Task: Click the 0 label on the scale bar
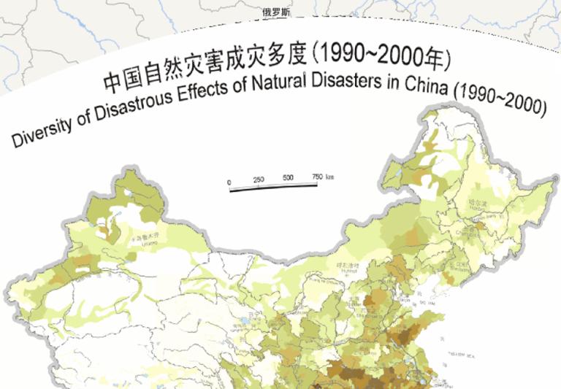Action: (x=229, y=182)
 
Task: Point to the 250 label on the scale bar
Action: (x=259, y=179)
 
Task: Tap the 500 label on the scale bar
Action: (x=288, y=178)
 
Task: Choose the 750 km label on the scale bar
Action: (x=322, y=177)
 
